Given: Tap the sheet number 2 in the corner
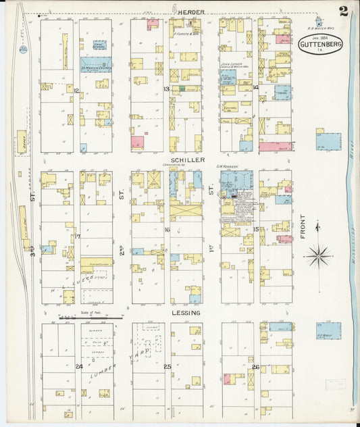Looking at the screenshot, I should pyautogui.click(x=344, y=11).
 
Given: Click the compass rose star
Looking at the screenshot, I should pyautogui.click(x=317, y=256).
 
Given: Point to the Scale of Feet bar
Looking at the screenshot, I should pyautogui.click(x=86, y=316).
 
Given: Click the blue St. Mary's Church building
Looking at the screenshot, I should pyautogui.click(x=95, y=68).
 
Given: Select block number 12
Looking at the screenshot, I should pyautogui.click(x=77, y=90).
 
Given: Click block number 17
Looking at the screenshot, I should pyautogui.click(x=78, y=236).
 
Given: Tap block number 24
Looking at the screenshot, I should pyautogui.click(x=78, y=367).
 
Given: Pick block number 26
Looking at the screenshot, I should pyautogui.click(x=255, y=367).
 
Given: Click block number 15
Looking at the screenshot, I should pyautogui.click(x=256, y=230).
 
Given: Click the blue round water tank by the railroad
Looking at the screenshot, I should pyautogui.click(x=23, y=49).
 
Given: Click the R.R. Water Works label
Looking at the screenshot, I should pyautogui.click(x=318, y=28).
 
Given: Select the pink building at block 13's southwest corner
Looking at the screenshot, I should pyautogui.click(x=138, y=143).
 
